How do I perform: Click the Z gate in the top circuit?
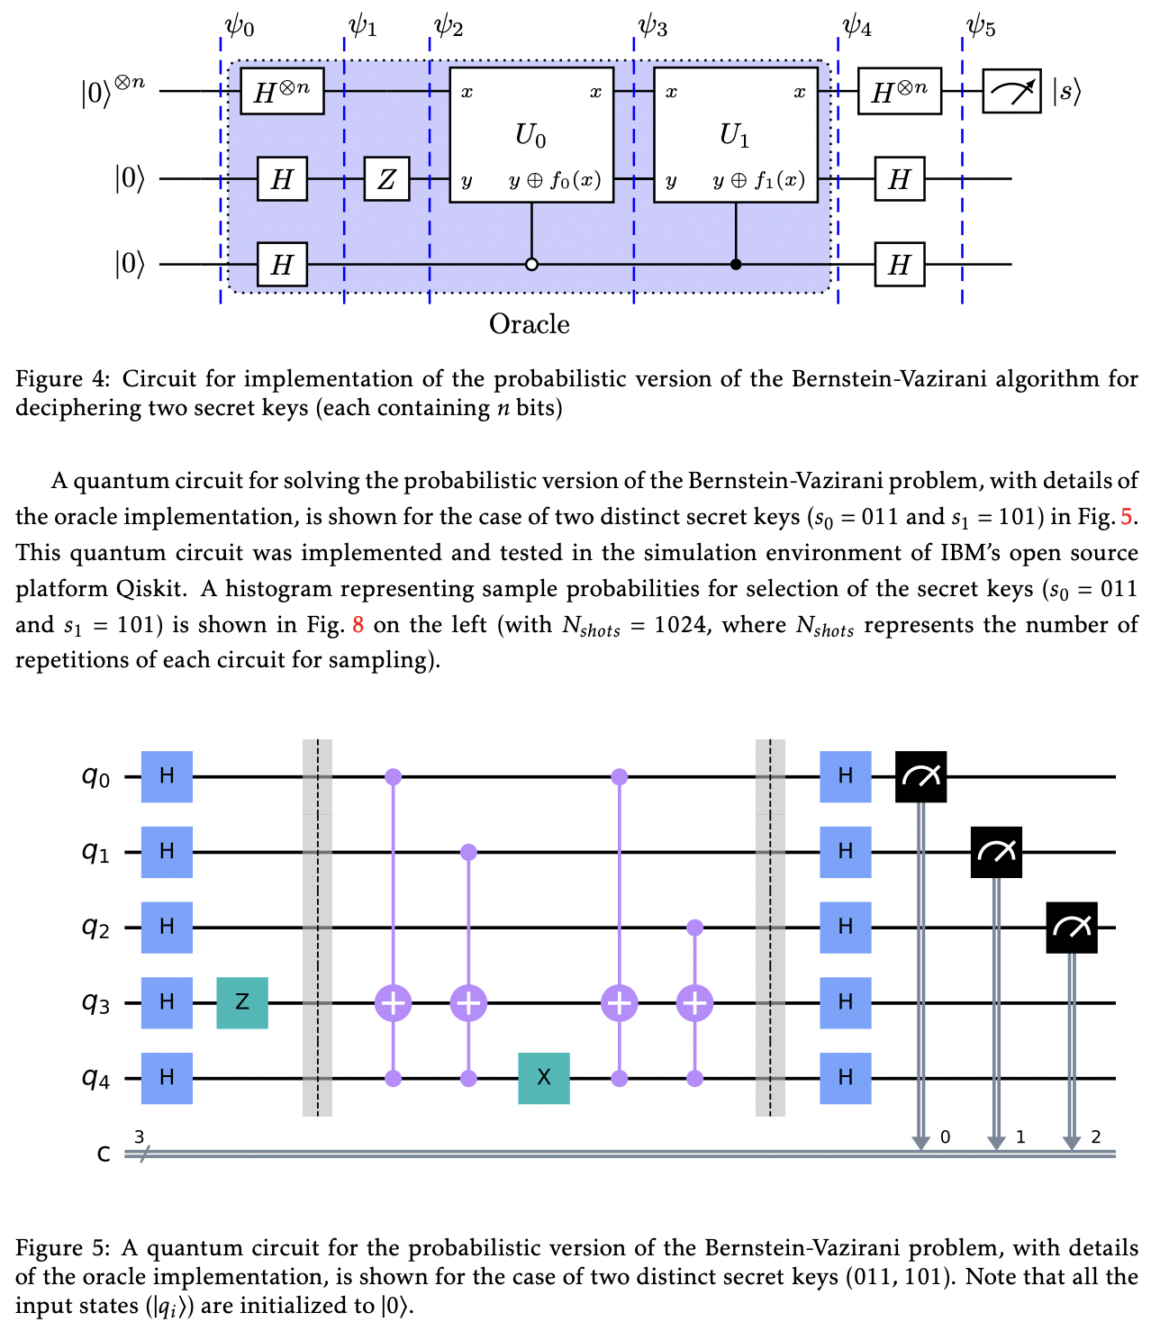[386, 179]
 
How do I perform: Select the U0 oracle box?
[531, 134]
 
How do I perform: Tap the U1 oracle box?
[735, 134]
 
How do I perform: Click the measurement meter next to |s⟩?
[1011, 91]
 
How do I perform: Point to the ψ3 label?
[652, 27]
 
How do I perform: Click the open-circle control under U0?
[531, 265]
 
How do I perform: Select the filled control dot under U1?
[736, 265]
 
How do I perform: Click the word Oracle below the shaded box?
[529, 324]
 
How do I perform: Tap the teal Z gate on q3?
[242, 1002]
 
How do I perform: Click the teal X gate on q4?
[544, 1078]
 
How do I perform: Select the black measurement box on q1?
[996, 852]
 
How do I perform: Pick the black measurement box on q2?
[1071, 928]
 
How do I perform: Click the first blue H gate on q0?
[167, 776]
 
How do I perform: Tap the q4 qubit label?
[96, 1078]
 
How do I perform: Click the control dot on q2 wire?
[694, 927]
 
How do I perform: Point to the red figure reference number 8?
[358, 625]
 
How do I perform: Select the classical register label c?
[104, 1154]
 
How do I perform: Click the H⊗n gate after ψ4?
[899, 91]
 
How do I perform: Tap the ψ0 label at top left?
[239, 27]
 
